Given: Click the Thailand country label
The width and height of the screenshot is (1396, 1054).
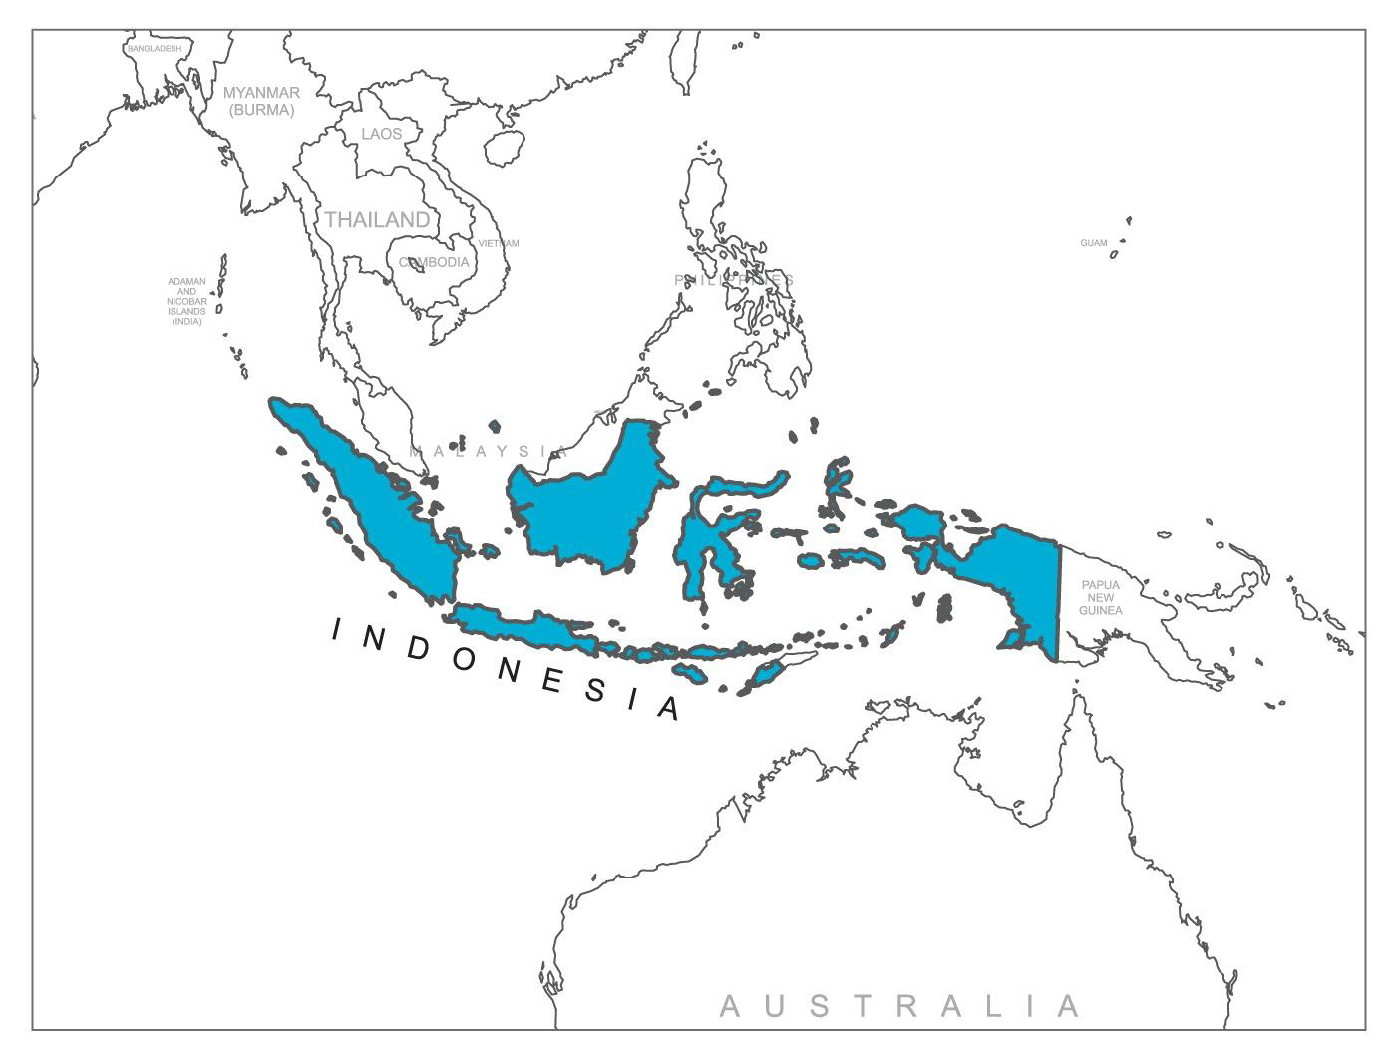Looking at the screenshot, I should coord(377,219).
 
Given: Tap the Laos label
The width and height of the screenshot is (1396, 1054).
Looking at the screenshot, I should coord(382,134).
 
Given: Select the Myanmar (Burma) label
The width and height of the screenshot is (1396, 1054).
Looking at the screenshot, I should coord(261,101).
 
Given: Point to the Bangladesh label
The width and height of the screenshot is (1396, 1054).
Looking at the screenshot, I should coord(155,48).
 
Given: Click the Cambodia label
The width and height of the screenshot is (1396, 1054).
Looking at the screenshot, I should coord(434,262).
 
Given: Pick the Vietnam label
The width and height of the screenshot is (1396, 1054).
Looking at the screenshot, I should coord(499,243).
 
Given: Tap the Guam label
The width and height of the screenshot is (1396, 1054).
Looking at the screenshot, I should coord(1093,243).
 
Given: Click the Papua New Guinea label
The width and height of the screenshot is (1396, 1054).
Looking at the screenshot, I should coord(1100,597).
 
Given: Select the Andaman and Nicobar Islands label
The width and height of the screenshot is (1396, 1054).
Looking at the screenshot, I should coord(186,301).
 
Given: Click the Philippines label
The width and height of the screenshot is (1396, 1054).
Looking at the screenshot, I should coord(734,280).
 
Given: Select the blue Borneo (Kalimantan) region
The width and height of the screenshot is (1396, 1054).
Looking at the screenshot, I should coord(588,499).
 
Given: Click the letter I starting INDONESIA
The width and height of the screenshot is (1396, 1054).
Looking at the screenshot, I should coord(337,629).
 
